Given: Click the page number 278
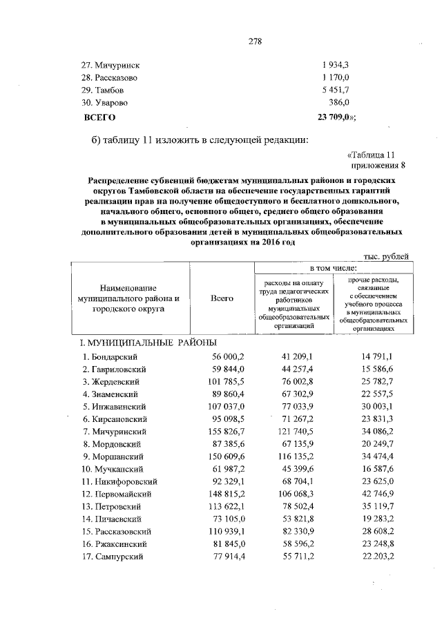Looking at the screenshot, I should (255, 41).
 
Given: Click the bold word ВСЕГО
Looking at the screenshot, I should (98, 117).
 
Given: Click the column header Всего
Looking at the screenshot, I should (222, 298).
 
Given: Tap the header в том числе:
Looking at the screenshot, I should (333, 267).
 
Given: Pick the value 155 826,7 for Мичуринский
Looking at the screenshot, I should (227, 431).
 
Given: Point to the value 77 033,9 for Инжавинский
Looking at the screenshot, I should (298, 406).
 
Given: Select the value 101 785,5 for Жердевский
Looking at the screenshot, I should (227, 381).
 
